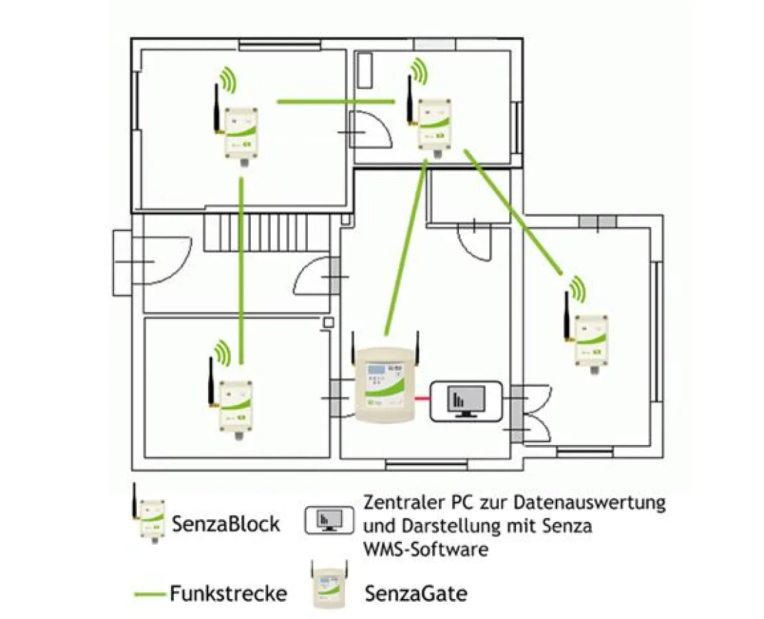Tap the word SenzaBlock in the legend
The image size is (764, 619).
pos(226,524)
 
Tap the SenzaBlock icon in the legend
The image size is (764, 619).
pos(149,517)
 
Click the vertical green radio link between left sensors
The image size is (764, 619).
pos(241,268)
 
